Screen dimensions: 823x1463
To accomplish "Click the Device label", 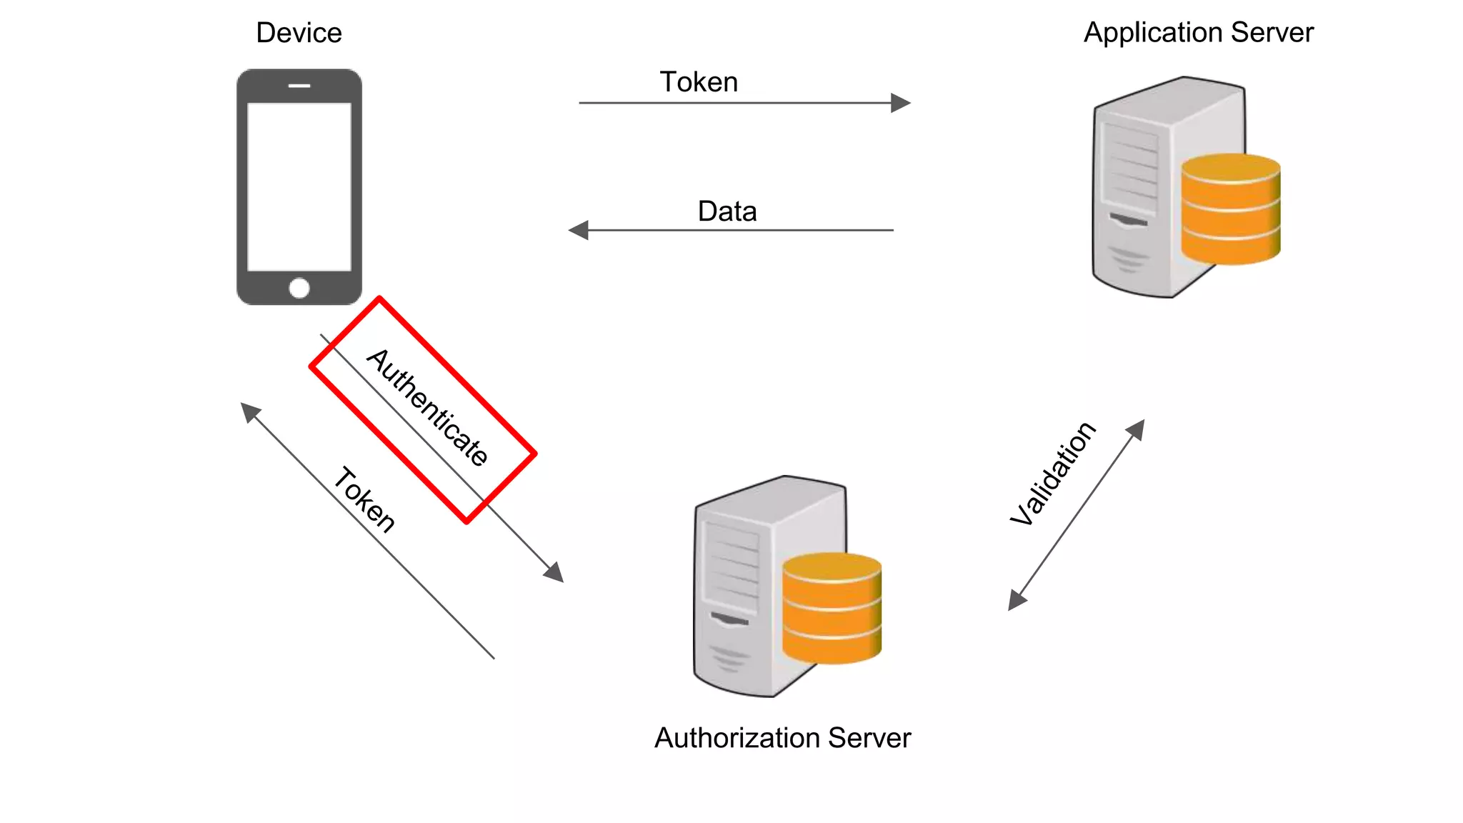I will (299, 33).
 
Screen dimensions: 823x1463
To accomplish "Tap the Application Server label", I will (1198, 33).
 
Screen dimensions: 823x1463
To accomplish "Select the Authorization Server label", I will (782, 738).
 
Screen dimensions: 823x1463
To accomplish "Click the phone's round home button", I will (299, 288).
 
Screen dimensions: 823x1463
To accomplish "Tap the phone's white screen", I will (299, 186).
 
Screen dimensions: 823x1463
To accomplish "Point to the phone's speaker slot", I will (299, 86).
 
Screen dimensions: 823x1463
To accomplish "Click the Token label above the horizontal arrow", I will (698, 82).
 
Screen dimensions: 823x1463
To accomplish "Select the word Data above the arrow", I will (726, 211).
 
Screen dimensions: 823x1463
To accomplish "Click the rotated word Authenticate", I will (428, 407).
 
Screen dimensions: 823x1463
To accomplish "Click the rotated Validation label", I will (1052, 473).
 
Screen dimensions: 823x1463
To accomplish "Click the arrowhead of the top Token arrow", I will (901, 103).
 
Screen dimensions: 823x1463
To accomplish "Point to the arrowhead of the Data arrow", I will (578, 230).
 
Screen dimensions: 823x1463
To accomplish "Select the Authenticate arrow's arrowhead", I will (554, 572).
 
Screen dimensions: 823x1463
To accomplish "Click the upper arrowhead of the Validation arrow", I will (1136, 429).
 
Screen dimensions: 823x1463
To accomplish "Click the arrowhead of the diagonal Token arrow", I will (250, 411).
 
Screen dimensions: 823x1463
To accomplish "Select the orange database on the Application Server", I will (1230, 209).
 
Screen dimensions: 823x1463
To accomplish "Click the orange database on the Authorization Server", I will (832, 608).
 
